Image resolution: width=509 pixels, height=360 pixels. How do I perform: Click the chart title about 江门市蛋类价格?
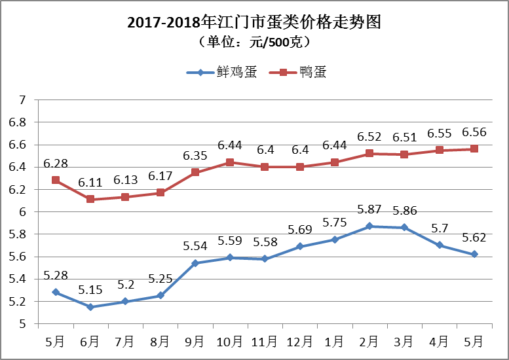(x=254, y=22)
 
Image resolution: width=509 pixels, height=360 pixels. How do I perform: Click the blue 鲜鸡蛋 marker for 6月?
(x=90, y=307)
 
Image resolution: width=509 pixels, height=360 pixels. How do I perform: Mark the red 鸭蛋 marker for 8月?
(x=160, y=192)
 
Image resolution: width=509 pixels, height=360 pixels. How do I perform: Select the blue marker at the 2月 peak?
(x=369, y=226)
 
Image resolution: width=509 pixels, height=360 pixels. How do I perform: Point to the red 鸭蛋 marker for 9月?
(x=195, y=172)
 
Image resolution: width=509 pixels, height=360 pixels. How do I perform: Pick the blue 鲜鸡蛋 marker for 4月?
(x=439, y=245)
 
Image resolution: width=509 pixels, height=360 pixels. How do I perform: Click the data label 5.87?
(x=369, y=210)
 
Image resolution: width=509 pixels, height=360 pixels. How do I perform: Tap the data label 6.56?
(x=474, y=133)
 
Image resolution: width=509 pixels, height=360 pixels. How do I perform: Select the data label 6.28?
(x=56, y=162)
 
